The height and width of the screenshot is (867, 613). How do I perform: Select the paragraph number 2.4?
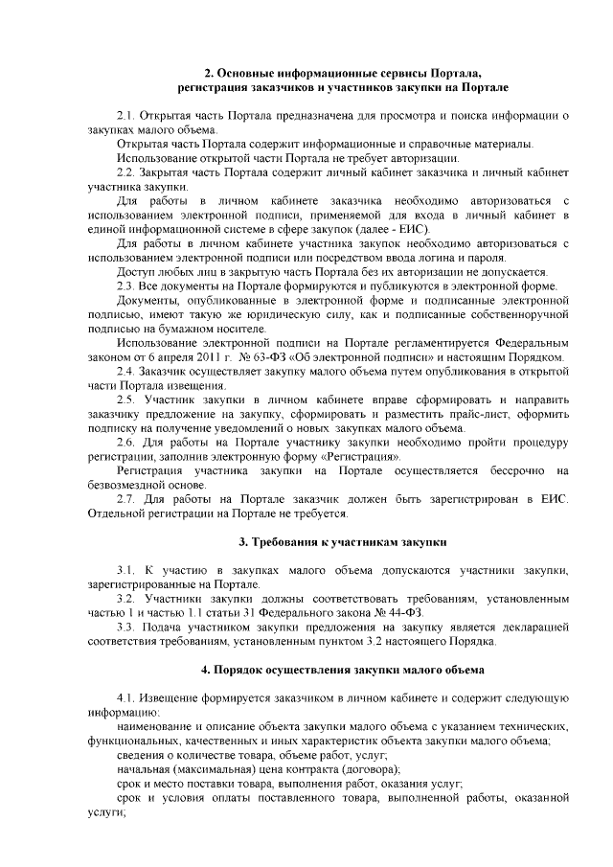(125, 371)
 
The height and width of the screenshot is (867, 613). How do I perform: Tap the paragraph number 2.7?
(125, 499)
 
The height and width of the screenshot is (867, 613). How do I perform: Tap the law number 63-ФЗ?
(276, 356)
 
